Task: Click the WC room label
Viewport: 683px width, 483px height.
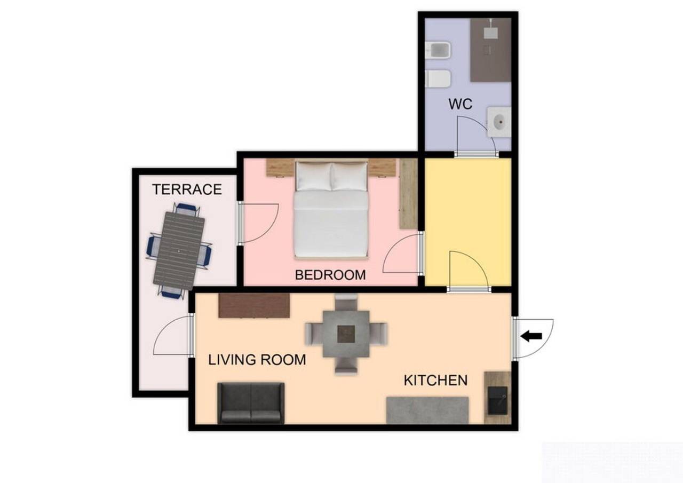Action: (460, 104)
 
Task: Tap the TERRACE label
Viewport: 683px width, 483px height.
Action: (187, 189)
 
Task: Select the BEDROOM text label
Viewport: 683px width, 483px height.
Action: (330, 275)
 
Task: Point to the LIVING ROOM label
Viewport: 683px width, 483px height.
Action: (257, 360)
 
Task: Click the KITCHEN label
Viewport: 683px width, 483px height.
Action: (435, 381)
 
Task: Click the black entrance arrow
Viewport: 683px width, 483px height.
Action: (531, 336)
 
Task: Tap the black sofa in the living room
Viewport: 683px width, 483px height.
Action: (250, 403)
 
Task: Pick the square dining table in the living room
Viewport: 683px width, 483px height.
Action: (346, 334)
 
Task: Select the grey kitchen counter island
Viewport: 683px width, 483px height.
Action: (427, 410)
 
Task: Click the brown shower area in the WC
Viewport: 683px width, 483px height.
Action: (490, 51)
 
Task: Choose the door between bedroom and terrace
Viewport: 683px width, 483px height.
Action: (259, 223)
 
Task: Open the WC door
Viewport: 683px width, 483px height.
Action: (475, 136)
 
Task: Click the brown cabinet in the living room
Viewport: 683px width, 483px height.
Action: (254, 305)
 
